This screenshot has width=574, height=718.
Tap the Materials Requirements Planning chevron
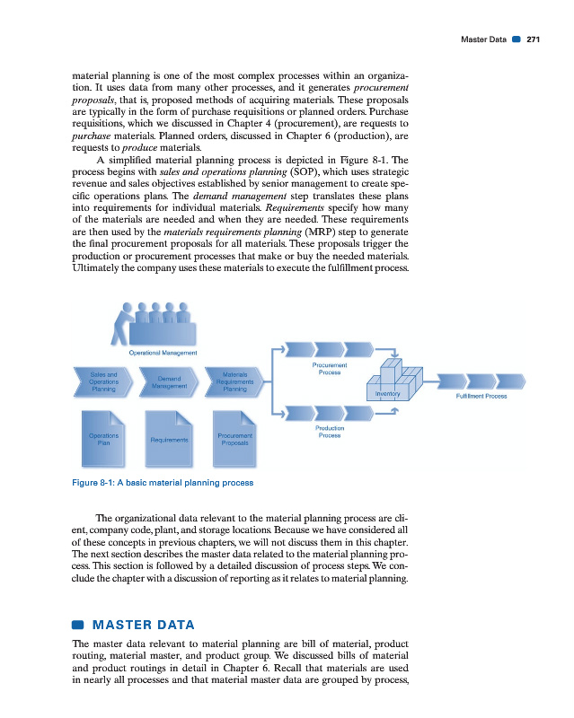pos(235,381)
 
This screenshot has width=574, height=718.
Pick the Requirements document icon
pos(170,436)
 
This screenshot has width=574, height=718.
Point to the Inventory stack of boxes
pos(396,378)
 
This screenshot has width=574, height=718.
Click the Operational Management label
pos(163,353)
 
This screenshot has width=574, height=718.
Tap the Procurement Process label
pos(331,368)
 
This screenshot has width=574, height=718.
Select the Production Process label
pos(331,432)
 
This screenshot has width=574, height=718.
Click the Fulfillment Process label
pos(482,396)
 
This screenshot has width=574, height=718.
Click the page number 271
pos(534,39)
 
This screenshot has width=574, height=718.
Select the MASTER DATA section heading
pos(143,624)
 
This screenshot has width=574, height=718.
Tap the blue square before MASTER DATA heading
pos(77,624)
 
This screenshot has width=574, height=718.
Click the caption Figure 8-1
pos(162,482)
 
